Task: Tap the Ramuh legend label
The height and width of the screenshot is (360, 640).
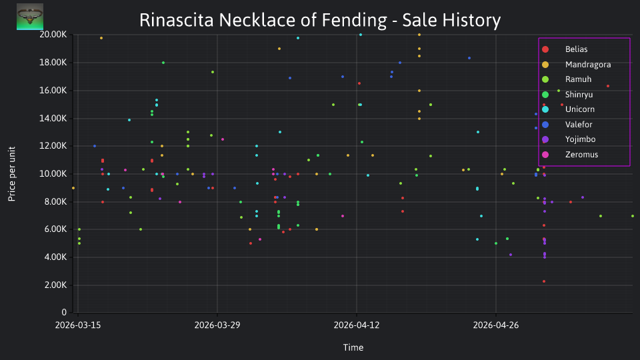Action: pos(578,79)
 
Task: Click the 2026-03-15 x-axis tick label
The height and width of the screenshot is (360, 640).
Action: pos(78,325)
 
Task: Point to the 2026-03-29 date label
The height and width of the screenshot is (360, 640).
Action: pos(217,325)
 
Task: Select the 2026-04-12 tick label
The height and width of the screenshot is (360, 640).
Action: pos(356,325)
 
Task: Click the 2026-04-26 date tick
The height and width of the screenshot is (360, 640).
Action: pos(496,325)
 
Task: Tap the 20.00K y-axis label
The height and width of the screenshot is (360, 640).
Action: pos(53,35)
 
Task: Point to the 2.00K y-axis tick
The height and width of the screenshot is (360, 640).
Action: pos(55,285)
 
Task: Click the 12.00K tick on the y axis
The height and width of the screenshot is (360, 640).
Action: pos(53,146)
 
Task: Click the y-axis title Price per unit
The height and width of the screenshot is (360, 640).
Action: pos(12,174)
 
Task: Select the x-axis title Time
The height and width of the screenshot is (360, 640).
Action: pos(353,348)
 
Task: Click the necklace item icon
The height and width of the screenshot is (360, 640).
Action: pos(30,17)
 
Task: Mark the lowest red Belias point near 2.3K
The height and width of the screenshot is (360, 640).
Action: pos(544,281)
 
